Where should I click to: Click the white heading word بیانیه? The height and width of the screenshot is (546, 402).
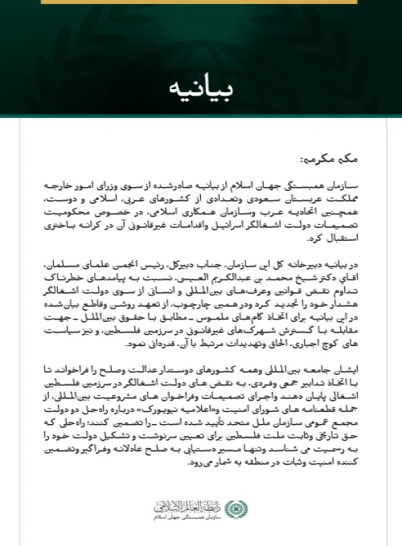[x=200, y=85]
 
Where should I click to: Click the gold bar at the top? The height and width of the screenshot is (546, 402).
[x=200, y=3]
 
